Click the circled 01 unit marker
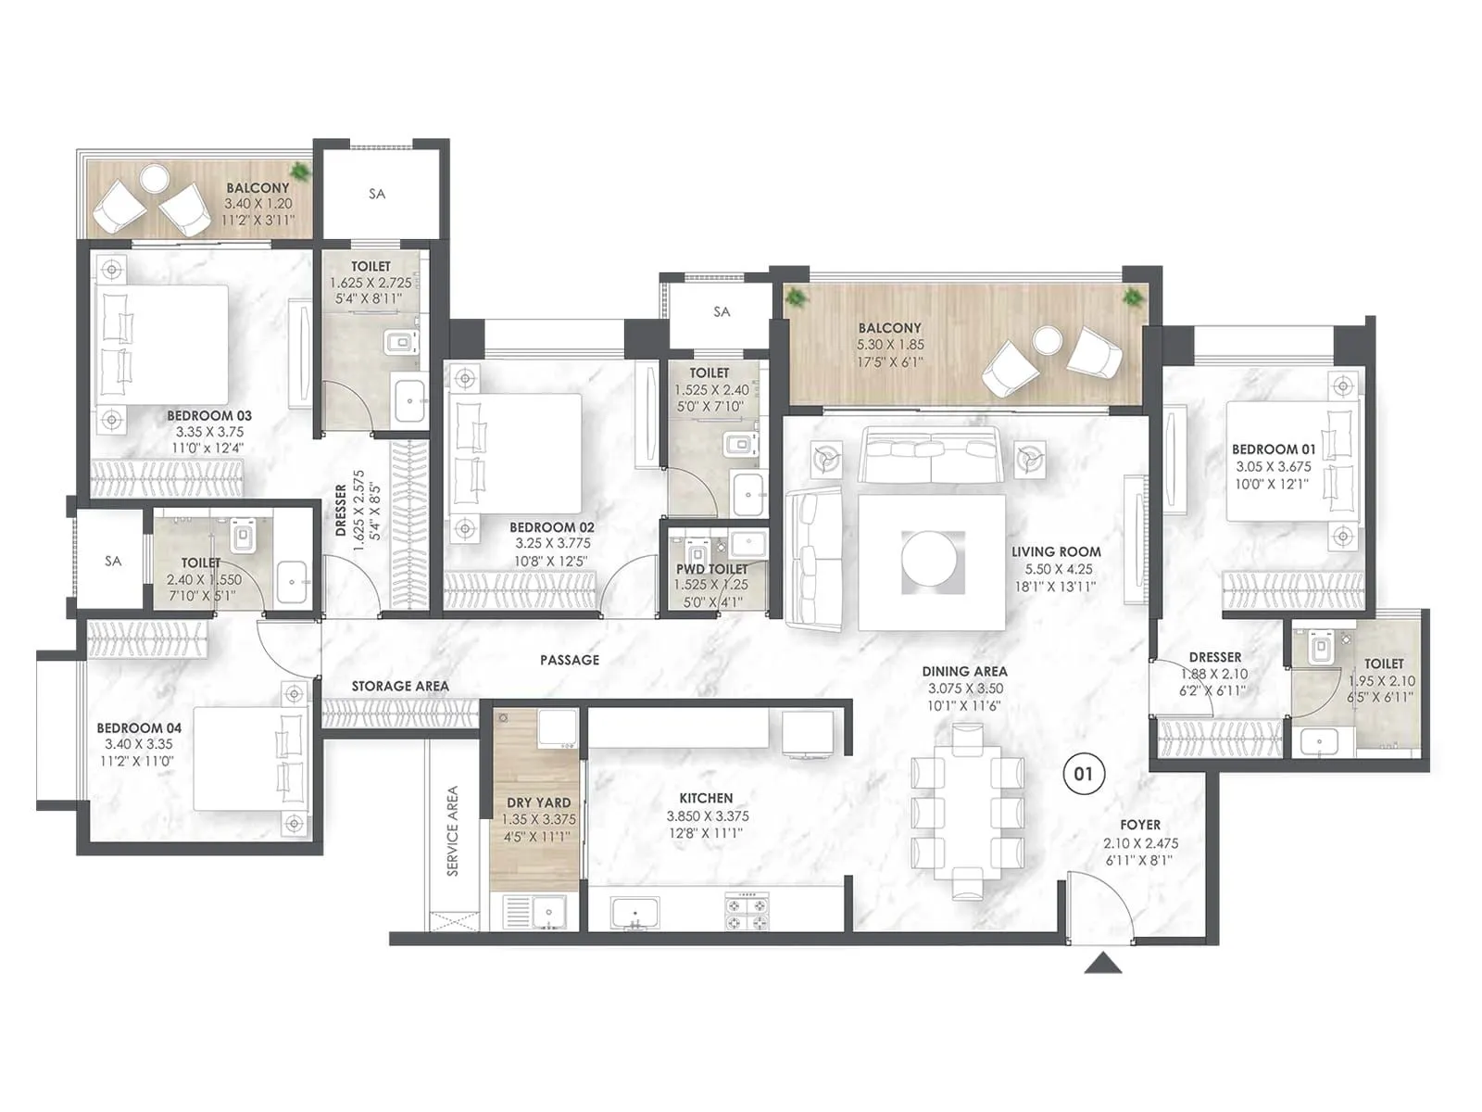click(x=1083, y=773)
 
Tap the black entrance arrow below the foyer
click(x=1102, y=965)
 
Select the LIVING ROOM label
click(x=1056, y=551)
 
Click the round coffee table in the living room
click(x=933, y=560)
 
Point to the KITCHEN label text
click(x=706, y=798)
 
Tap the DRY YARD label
click(x=538, y=802)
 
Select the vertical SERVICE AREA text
click(x=453, y=831)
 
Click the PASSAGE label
click(x=570, y=660)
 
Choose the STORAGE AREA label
click(x=400, y=686)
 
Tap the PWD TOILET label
click(x=711, y=569)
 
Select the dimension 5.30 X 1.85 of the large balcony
click(x=889, y=345)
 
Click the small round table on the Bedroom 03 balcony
click(x=154, y=176)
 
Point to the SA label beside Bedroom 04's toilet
click(x=113, y=561)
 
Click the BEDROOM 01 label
click(x=1273, y=449)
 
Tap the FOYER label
click(x=1139, y=825)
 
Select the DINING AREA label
click(x=964, y=671)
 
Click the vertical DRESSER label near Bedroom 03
click(x=341, y=511)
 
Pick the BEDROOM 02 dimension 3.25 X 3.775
click(x=553, y=544)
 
